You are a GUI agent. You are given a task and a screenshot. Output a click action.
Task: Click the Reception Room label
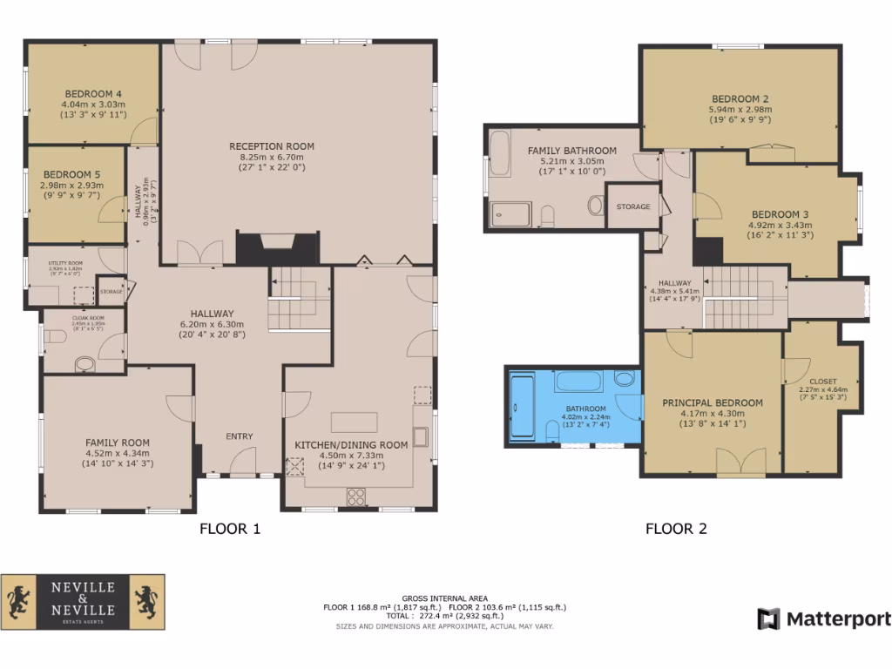point(271,145)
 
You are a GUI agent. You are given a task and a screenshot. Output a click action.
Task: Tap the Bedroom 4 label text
point(92,93)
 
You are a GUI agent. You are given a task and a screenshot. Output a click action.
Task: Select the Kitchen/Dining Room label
point(351,444)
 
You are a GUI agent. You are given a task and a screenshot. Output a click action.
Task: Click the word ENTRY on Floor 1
point(240,436)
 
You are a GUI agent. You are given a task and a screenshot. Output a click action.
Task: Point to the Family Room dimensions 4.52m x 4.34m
point(118,453)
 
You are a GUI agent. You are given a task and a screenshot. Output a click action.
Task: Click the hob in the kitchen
point(357,497)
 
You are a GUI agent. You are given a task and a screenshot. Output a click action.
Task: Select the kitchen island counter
point(353,421)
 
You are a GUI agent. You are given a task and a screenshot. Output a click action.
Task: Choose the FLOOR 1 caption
point(230,528)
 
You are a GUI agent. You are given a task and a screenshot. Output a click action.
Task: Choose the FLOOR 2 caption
point(676,528)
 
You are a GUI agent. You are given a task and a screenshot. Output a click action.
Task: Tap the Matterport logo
point(824,618)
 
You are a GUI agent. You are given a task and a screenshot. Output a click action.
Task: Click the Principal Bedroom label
point(712,402)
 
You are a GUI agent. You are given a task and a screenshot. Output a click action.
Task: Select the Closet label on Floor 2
point(822,381)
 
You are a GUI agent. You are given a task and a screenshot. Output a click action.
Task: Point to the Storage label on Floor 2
point(633,206)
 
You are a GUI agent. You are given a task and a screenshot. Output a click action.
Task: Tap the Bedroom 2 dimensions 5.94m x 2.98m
point(740,110)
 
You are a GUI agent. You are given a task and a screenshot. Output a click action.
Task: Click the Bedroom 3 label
point(774,214)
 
